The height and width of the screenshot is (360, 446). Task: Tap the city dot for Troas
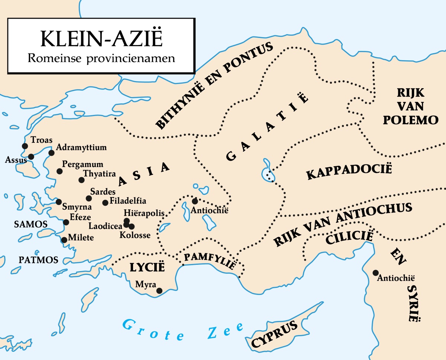[25, 146]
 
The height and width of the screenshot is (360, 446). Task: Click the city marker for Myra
[159, 291]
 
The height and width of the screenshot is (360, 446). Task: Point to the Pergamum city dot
[59, 171]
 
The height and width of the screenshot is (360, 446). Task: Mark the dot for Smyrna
[59, 202]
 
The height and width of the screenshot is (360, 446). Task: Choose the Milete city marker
[64, 240]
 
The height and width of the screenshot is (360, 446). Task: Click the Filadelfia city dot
[105, 203]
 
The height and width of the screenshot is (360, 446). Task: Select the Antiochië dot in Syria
[376, 273]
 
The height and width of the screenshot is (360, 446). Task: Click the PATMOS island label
[39, 260]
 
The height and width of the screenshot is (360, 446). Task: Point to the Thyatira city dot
[81, 180]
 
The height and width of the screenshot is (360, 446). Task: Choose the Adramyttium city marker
[52, 152]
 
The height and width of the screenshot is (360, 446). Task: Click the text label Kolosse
[135, 235]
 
